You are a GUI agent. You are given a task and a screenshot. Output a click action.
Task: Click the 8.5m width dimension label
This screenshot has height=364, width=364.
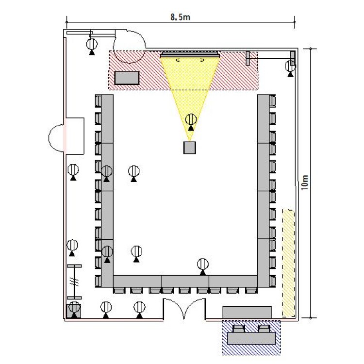tap(181, 17)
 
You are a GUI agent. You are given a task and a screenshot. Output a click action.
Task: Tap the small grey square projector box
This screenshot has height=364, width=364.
tap(190, 148)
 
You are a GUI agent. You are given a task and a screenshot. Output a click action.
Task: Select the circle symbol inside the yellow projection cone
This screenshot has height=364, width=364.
tap(191, 120)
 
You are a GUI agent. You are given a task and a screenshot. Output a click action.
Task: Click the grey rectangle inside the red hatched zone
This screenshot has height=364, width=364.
tap(127, 78)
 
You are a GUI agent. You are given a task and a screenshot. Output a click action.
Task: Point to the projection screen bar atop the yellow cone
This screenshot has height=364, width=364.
tap(190, 55)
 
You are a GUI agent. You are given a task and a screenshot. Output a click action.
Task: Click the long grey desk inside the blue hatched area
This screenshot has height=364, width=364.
tap(251, 338)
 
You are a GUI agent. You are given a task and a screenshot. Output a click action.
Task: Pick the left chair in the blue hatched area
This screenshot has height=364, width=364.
tap(238, 328)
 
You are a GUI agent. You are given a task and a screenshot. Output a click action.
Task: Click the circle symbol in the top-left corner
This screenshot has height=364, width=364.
tap(92, 44)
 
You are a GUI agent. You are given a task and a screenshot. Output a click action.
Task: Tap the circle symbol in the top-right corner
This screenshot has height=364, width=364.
tap(290, 66)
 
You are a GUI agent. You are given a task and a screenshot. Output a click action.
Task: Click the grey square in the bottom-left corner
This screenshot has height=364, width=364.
tap(74, 311)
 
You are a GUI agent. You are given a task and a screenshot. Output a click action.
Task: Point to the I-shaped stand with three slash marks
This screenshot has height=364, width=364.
tap(74, 282)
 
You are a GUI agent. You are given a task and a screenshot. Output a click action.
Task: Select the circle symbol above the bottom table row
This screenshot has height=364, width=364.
tap(203, 264)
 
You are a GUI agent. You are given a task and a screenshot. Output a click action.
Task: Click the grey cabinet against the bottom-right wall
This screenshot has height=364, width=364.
tap(247, 312)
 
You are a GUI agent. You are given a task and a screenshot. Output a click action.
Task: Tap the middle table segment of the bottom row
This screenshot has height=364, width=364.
tap(185, 281)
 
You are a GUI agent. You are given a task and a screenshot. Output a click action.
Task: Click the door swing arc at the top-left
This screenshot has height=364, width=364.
tap(129, 47)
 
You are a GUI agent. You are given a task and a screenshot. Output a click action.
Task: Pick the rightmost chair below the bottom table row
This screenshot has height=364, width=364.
tap(251, 290)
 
